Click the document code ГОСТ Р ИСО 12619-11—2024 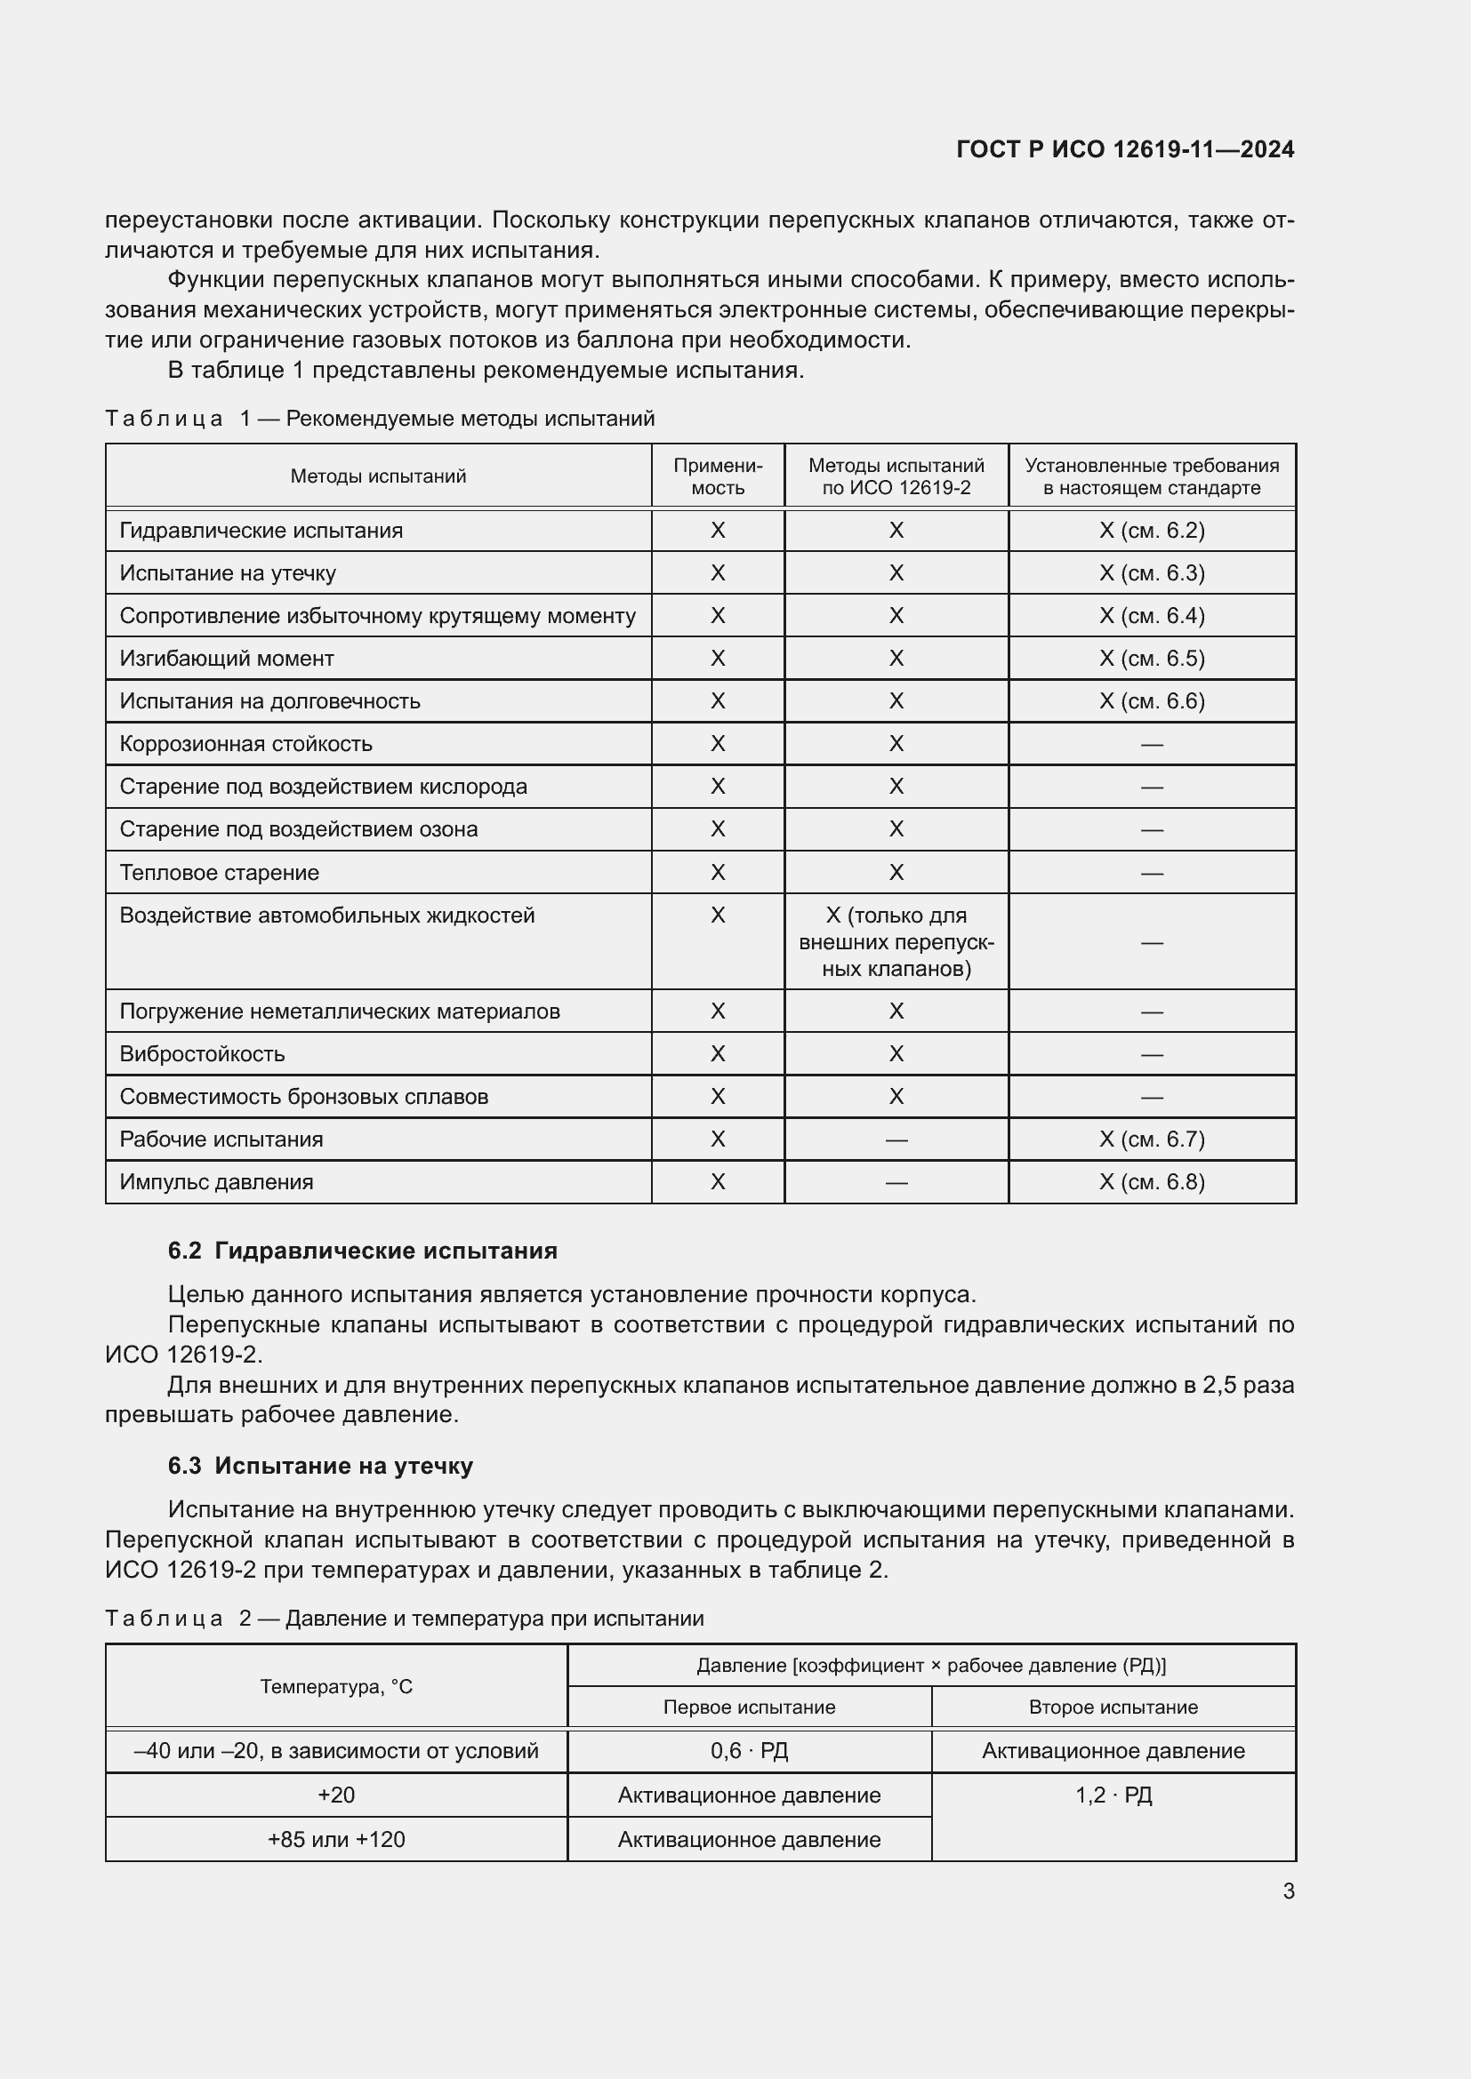click(x=1124, y=149)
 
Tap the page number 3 click(x=1288, y=1891)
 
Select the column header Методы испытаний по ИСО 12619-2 click(x=895, y=476)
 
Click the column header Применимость click(x=718, y=476)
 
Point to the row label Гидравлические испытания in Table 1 click(x=261, y=531)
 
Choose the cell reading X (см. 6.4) click(x=1151, y=616)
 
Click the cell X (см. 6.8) click(x=1151, y=1181)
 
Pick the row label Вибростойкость click(x=202, y=1054)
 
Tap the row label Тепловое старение click(x=219, y=873)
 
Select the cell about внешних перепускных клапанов click(x=895, y=941)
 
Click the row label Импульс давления click(x=216, y=1181)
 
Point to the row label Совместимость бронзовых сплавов click(x=303, y=1097)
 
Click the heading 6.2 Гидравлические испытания click(x=362, y=1251)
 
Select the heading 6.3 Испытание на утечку click(x=321, y=1465)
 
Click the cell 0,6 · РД click(x=749, y=1750)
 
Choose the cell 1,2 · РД click(x=1113, y=1795)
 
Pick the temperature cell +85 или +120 click(x=336, y=1839)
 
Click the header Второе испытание click(x=1113, y=1707)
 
